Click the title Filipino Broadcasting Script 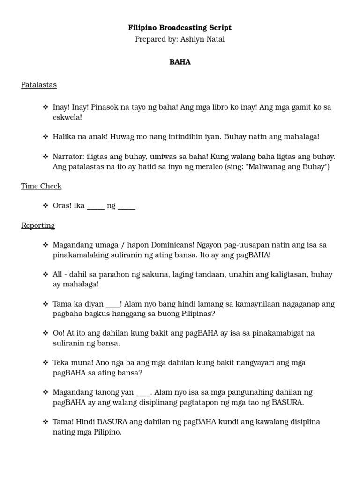(180, 28)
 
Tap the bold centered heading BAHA (180, 62)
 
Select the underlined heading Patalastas (39, 85)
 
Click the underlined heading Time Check (41, 186)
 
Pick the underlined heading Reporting (38, 225)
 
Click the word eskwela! (67, 117)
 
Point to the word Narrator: (69, 157)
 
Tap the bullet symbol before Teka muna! (45, 362)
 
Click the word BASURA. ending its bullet (286, 402)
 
